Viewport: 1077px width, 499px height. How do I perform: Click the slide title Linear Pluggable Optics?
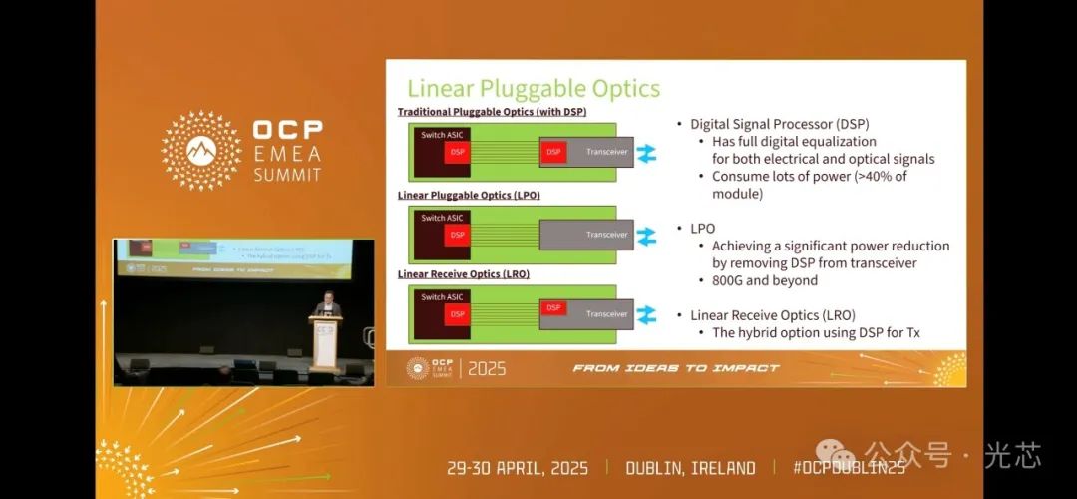click(x=534, y=88)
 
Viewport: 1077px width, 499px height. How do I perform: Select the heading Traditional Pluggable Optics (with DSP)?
click(x=492, y=112)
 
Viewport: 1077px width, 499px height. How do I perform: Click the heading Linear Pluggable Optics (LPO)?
click(x=469, y=195)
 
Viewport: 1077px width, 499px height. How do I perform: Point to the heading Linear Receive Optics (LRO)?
click(x=463, y=273)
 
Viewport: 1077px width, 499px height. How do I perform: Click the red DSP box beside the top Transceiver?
click(x=554, y=152)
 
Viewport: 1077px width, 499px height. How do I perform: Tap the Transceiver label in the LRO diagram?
click(x=606, y=314)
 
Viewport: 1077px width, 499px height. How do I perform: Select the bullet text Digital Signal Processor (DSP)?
click(x=779, y=124)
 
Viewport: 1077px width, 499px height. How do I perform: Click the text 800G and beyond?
click(x=764, y=280)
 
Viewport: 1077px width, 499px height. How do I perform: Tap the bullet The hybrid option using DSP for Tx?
click(x=815, y=332)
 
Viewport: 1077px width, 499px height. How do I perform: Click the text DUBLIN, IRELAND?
click(x=690, y=468)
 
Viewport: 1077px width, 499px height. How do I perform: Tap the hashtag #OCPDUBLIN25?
click(x=849, y=468)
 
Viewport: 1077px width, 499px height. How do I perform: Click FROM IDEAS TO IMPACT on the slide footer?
click(x=675, y=368)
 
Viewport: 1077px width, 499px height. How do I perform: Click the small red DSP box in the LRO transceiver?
click(x=554, y=308)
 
